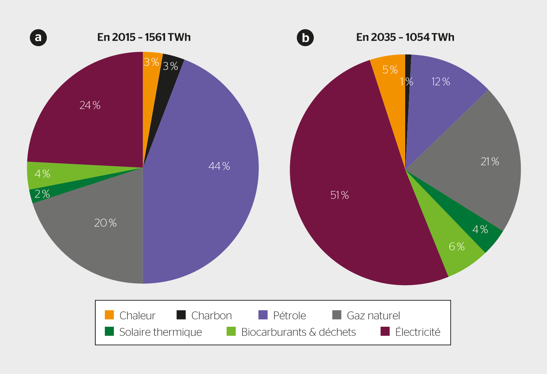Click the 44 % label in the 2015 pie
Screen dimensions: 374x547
(219, 166)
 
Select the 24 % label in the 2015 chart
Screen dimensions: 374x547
(90, 105)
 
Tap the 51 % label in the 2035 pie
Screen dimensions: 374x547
(339, 195)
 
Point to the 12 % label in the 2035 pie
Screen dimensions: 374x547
(441, 82)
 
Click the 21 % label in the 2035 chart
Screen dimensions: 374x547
(490, 162)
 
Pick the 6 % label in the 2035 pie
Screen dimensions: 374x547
(457, 247)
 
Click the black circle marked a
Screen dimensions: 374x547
(38, 37)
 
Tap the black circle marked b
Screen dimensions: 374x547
(305, 38)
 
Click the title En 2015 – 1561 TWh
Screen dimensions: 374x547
(144, 37)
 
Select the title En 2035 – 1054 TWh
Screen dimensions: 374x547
(405, 37)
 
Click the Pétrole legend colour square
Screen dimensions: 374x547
(263, 315)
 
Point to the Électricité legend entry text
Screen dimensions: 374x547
(418, 332)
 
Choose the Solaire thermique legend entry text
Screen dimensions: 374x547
(160, 332)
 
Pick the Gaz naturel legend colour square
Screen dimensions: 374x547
(337, 315)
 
